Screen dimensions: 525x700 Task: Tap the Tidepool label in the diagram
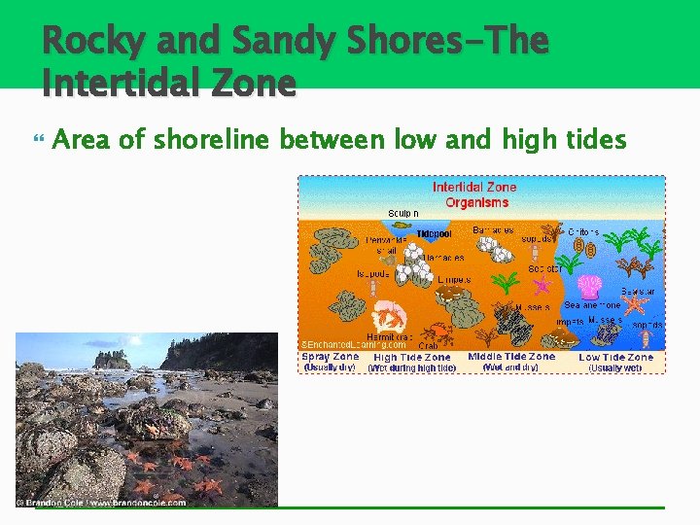[x=434, y=234]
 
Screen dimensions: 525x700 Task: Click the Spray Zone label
[x=330, y=357]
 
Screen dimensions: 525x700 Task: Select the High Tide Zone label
[x=412, y=357]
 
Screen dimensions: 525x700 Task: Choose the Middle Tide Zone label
[x=511, y=357]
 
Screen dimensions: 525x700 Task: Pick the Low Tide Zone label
[x=616, y=357]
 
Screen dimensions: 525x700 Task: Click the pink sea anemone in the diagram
[x=589, y=287]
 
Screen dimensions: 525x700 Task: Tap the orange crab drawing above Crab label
[x=438, y=331]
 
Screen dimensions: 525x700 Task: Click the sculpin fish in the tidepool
[x=402, y=225]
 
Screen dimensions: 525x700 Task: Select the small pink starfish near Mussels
[x=542, y=285]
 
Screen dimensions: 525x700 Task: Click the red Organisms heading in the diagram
[x=476, y=202]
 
